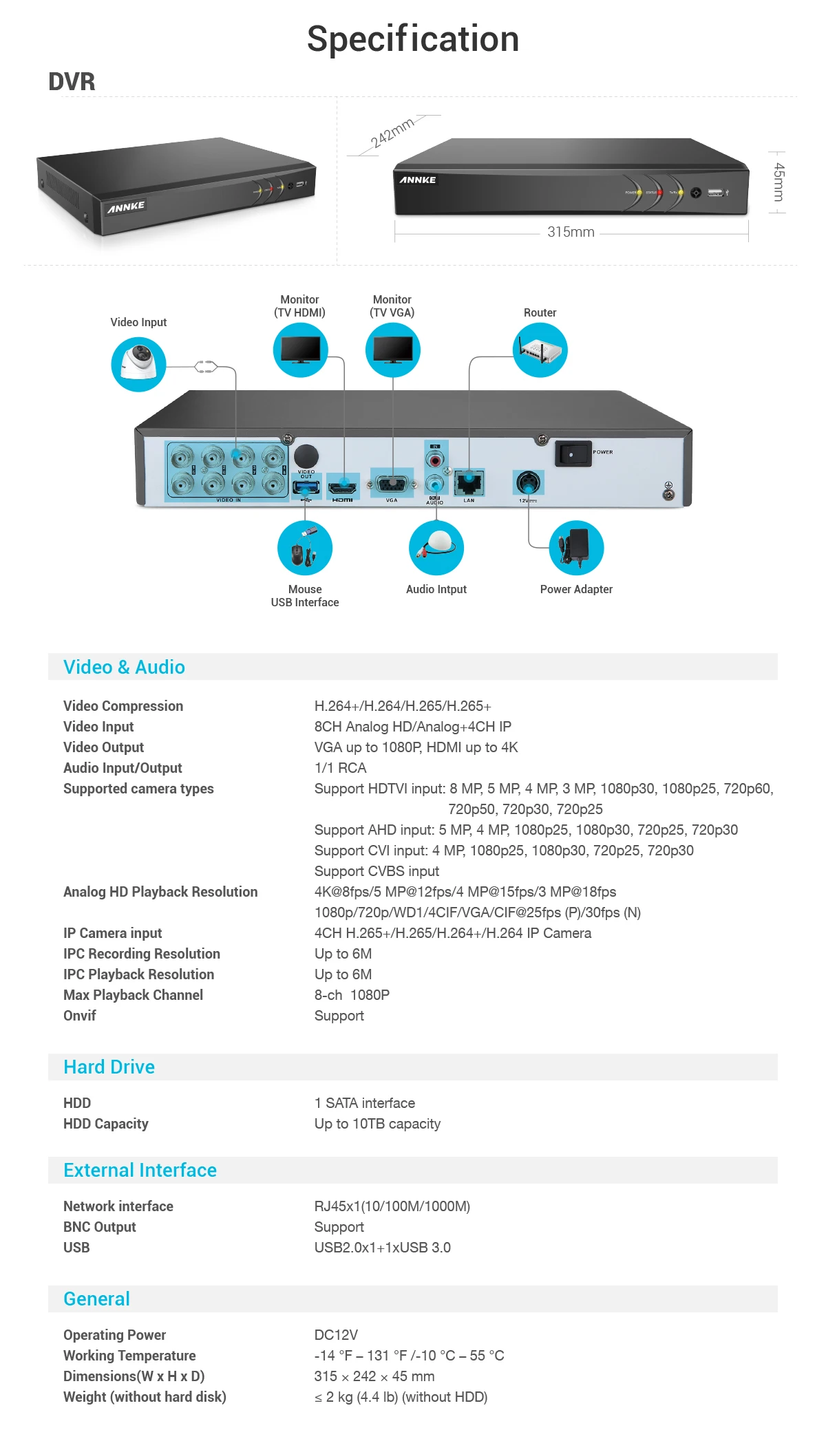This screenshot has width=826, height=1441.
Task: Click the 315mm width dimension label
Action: pos(571,232)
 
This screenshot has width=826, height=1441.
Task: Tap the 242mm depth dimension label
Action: pos(392,132)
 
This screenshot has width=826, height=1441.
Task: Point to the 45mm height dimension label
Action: pos(779,182)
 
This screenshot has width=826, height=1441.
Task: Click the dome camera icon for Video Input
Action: pos(138,364)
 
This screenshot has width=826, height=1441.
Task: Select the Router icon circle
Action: pos(540,350)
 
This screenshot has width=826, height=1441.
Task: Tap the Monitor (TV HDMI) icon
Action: pos(300,350)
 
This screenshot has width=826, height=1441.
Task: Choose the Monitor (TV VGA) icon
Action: pos(392,350)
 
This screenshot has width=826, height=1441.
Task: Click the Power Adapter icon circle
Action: pos(576,548)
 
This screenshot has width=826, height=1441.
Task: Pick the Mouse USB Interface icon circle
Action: pos(305,548)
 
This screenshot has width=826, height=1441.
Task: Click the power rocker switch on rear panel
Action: pos(572,454)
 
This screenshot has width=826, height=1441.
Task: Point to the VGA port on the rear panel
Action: pos(392,484)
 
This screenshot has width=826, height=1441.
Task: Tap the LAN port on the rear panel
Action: pos(469,482)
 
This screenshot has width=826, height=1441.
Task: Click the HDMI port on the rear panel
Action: pos(343,487)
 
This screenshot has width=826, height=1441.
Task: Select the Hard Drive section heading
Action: pos(109,1067)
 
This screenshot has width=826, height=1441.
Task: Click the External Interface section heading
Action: pos(140,1170)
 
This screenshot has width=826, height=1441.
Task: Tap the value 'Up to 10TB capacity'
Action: pos(377,1124)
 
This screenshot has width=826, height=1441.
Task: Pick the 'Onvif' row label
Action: pos(80,1016)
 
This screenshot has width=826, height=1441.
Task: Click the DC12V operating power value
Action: pos(336,1335)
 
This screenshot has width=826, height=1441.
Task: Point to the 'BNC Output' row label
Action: pos(100,1227)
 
